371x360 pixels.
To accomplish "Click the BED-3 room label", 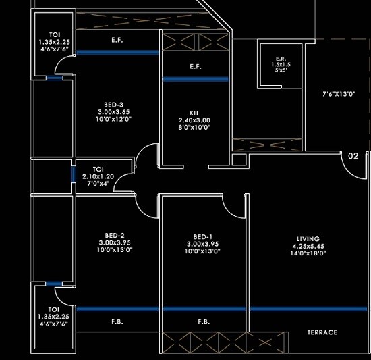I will click(111, 104).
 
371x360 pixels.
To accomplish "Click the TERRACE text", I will click(322, 332).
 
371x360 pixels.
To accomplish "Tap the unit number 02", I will click(353, 156).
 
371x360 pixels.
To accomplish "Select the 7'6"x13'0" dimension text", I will click(339, 95).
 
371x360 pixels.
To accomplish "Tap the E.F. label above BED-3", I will click(116, 41).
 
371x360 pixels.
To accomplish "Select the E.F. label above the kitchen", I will click(196, 66).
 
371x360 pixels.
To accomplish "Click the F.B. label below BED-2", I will click(117, 322).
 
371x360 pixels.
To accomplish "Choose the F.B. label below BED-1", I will click(203, 322).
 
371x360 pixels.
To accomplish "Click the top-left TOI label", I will click(53, 34).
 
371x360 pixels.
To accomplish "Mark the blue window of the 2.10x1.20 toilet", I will click(73, 174).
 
